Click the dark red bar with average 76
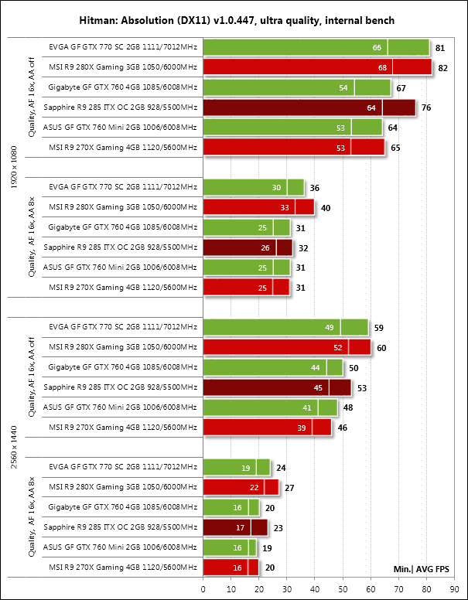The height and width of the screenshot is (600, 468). (x=309, y=107)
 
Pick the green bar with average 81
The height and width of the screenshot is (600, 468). (x=316, y=47)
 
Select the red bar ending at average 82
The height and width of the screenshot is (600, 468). (x=317, y=67)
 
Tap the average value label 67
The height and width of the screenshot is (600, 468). (x=401, y=88)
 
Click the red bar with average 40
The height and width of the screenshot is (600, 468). (x=258, y=207)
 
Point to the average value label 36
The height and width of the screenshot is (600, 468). (x=315, y=188)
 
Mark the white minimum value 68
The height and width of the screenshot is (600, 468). (x=382, y=68)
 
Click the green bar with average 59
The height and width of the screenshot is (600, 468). (x=285, y=327)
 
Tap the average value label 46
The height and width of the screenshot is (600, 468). (x=343, y=428)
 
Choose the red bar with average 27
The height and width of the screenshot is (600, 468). (x=241, y=487)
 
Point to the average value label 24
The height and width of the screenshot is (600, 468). (x=282, y=468)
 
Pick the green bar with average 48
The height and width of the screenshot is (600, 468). (x=270, y=407)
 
